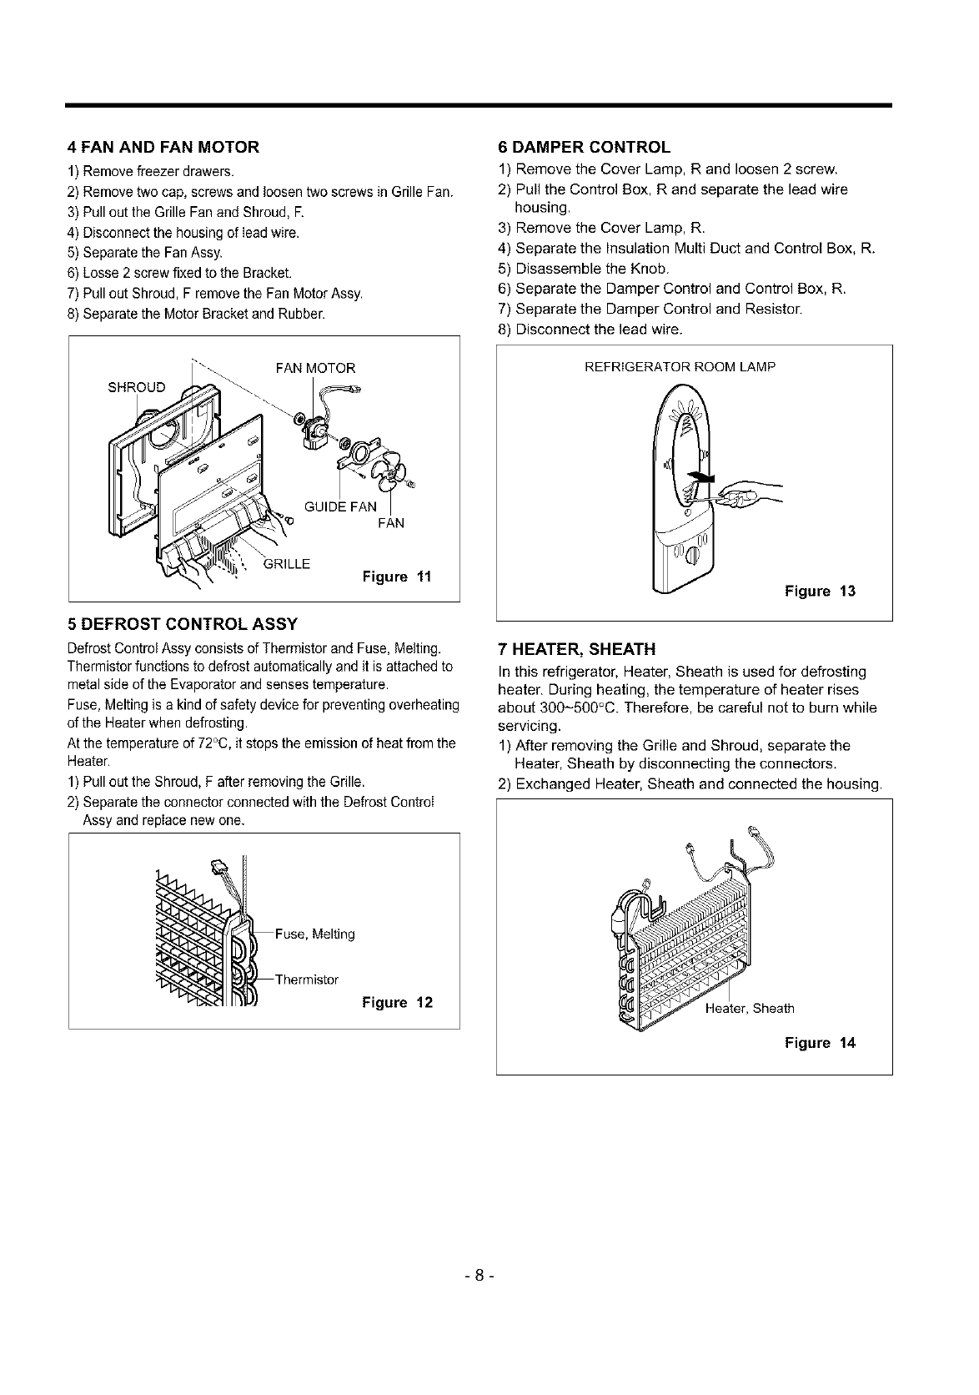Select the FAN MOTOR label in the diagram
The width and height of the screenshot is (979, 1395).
pyautogui.click(x=315, y=368)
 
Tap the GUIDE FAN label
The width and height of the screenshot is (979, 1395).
pyautogui.click(x=340, y=506)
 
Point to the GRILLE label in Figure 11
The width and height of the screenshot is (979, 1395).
pyautogui.click(x=286, y=563)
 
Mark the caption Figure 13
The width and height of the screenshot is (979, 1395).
pyautogui.click(x=820, y=592)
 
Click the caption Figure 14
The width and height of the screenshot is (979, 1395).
pyautogui.click(x=820, y=1043)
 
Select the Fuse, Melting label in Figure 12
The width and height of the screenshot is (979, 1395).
pyautogui.click(x=314, y=934)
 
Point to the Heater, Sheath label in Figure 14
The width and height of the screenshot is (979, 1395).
pyautogui.click(x=750, y=1008)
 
